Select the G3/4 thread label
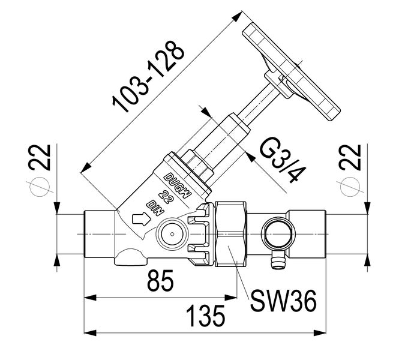(x=278, y=158)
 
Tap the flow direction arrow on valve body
(x=139, y=219)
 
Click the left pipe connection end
(x=96, y=231)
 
